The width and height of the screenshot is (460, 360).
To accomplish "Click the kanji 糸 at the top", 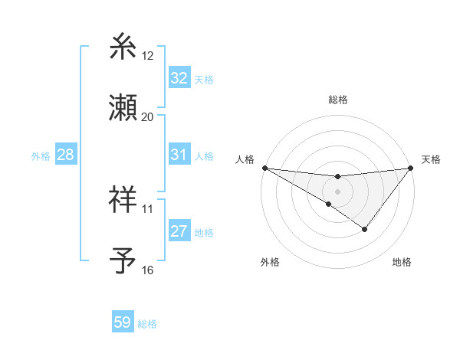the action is pos(123,47).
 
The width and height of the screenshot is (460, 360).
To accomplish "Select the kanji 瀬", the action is pos(123,108).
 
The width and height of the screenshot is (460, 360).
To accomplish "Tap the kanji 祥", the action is pos(123,199).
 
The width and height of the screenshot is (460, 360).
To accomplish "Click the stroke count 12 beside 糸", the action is pos(147,56).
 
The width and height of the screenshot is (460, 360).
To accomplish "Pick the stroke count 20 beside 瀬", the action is pos(147,117).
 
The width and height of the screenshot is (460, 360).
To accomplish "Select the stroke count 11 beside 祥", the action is pos(147,208).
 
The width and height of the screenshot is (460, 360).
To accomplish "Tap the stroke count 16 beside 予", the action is pos(147,270).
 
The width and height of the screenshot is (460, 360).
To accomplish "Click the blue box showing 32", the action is pos(179,78).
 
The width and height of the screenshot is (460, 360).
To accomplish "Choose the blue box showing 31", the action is pos(179,155).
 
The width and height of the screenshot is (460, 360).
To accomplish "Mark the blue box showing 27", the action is pos(179,231).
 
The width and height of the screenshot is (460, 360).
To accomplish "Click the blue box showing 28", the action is pos(65,155).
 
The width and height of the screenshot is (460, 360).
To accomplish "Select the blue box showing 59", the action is pos(123,322).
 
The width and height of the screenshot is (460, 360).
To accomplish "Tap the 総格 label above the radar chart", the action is pos(338,100).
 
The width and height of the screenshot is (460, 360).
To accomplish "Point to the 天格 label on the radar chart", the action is pos(431,159).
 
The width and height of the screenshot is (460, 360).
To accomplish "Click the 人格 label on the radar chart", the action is pos(245,159).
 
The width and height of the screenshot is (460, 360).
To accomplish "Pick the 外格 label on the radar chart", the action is pos(270,262).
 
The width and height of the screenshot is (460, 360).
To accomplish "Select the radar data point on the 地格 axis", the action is pos(365,229).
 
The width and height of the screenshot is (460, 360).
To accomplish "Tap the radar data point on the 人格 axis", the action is pos(264,168).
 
